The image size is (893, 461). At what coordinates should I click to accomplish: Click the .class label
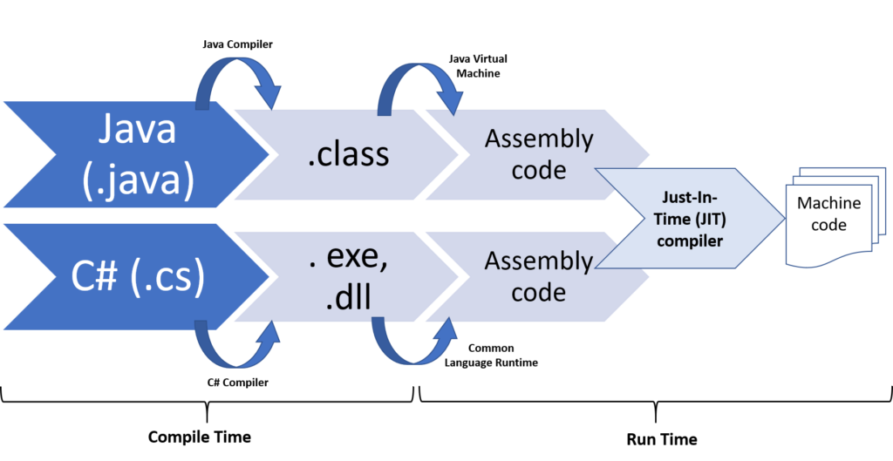(347, 154)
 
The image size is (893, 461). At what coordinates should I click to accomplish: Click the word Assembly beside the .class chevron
(539, 139)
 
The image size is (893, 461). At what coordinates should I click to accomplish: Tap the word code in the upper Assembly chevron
(539, 170)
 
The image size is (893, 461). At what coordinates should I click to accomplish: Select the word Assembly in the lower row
(539, 261)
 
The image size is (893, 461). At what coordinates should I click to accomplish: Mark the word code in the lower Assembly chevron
(539, 292)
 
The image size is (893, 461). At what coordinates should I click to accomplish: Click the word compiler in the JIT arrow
(689, 241)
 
